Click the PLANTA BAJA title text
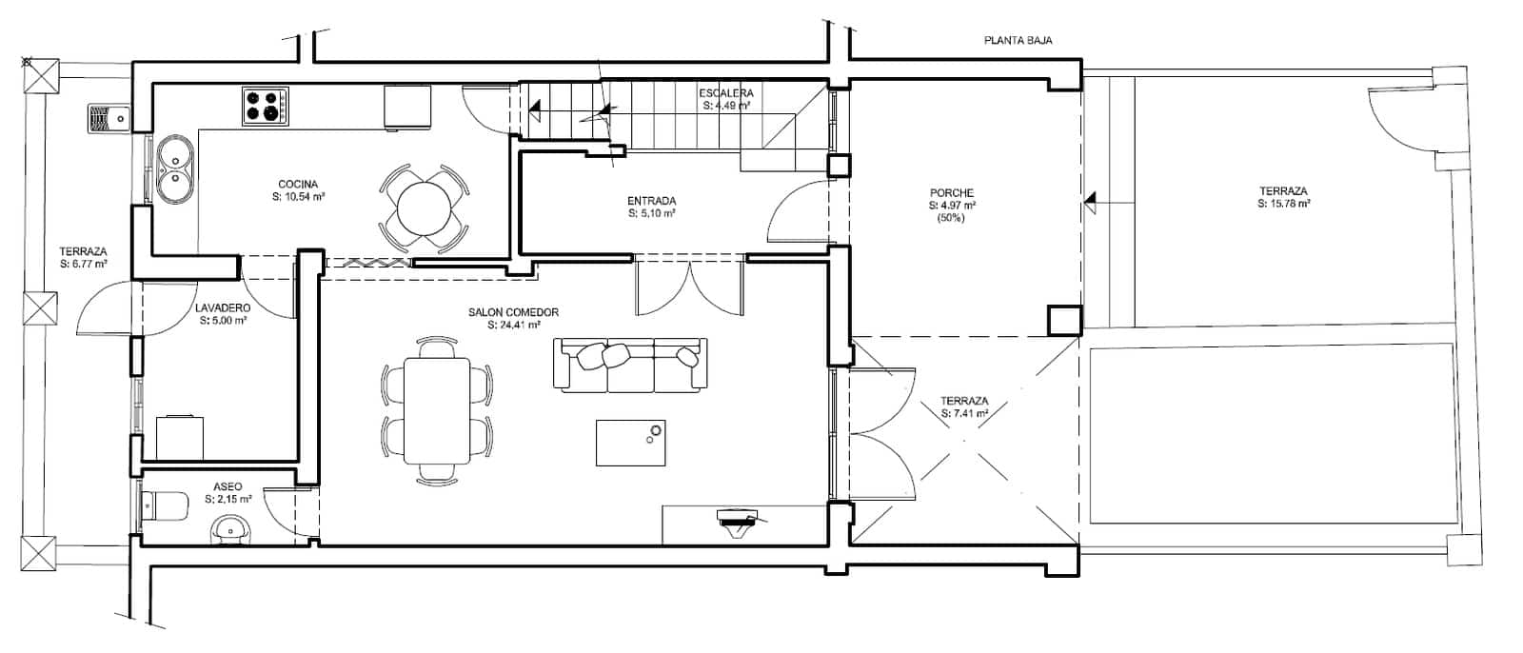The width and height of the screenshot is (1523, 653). click(1018, 41)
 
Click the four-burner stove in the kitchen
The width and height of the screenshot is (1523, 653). click(266, 106)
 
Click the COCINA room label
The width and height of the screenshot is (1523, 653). click(298, 184)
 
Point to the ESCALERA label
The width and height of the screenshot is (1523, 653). click(726, 93)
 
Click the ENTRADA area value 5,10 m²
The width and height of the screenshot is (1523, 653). click(652, 214)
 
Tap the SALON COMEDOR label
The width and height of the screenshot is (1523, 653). click(513, 312)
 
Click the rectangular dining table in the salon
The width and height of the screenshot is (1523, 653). click(437, 409)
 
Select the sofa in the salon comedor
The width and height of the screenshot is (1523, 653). click(630, 364)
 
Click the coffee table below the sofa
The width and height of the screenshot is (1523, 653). click(630, 443)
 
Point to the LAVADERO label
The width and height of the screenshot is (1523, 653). click(223, 308)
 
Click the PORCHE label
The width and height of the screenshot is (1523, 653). click(952, 193)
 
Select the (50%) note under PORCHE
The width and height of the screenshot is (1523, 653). click(952, 218)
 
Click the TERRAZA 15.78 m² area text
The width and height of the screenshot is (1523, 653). click(1283, 204)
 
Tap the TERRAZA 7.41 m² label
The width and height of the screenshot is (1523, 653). click(964, 413)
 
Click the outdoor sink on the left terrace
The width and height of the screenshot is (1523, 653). click(109, 118)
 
